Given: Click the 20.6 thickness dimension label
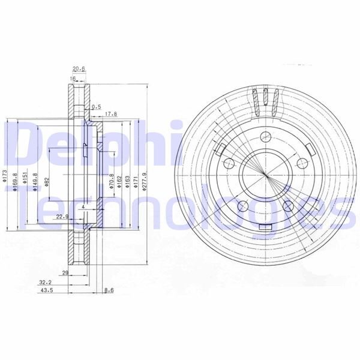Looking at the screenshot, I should pos(79,69).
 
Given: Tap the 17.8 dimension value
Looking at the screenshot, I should pos(110,113).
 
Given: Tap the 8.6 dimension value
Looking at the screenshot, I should pos(109,290).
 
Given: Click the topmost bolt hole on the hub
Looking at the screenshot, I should pos(265,136).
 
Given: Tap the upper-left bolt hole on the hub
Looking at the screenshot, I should pos(228,163).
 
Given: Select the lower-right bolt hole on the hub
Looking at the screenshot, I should pos(287,206).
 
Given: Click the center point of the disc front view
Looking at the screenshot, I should pos(265,175).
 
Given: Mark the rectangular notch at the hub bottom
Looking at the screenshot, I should pos(265,226).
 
